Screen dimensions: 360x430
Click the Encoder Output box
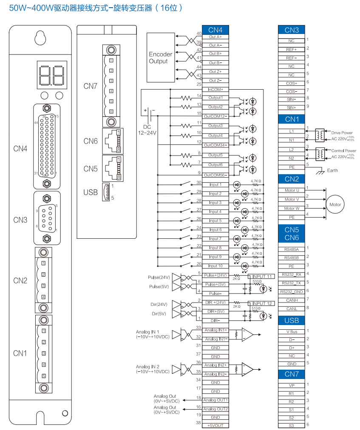(x=161, y=58)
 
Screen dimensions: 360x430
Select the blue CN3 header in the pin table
(x=292, y=30)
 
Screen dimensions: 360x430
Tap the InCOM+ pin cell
(x=215, y=89)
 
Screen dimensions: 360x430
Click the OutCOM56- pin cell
(x=215, y=175)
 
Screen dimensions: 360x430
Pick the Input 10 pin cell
(x=215, y=266)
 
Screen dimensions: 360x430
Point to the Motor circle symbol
(x=335, y=204)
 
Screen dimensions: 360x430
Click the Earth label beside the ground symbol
(x=332, y=170)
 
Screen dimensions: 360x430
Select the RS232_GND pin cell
(x=292, y=291)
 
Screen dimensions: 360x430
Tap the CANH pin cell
(x=292, y=300)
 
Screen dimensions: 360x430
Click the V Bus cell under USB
(x=292, y=331)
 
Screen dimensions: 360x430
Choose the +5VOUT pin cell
(x=215, y=425)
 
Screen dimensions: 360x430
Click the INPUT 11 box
(x=261, y=277)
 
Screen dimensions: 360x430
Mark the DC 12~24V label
(x=147, y=130)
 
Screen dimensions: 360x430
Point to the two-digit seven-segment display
(x=52, y=75)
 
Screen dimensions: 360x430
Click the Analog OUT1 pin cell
(x=215, y=400)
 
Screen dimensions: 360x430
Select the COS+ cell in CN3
(x=292, y=83)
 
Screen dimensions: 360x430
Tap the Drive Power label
(x=342, y=133)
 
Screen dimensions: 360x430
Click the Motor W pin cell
(x=292, y=209)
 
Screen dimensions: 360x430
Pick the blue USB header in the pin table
(x=292, y=320)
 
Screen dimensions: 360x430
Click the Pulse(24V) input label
(x=159, y=277)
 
